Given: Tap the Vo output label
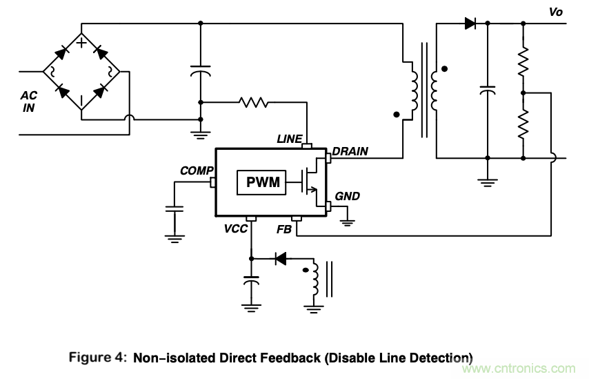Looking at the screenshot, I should pyautogui.click(x=557, y=12).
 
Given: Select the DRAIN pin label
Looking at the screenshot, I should pyautogui.click(x=350, y=151).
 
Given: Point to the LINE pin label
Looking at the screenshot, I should pyautogui.click(x=289, y=139).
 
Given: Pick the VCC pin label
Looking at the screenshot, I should pyautogui.click(x=235, y=229).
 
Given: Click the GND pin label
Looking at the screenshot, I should pyautogui.click(x=347, y=196).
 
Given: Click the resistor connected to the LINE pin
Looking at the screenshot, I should pyautogui.click(x=253, y=102).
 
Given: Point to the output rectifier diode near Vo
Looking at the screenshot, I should pyautogui.click(x=470, y=23).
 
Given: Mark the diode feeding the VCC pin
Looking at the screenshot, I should pyautogui.click(x=280, y=259).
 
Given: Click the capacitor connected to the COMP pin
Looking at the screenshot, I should pyautogui.click(x=174, y=208).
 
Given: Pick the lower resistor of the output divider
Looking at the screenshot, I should pyautogui.click(x=523, y=124).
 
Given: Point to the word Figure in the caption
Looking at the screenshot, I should pyautogui.click(x=93, y=358).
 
